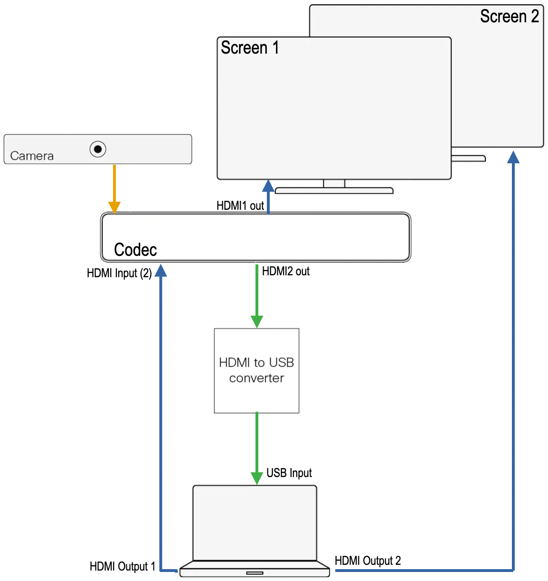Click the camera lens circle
pos(98,149)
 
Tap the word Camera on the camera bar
pos(32,156)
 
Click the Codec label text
pos(135,250)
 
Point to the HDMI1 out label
pos(240,206)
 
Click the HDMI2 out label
pos(285,271)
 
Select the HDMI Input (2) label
pos(119,273)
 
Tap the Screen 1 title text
pos(250,47)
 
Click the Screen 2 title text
pos(509,16)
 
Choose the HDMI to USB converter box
pos(256,370)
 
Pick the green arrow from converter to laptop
pos(257,449)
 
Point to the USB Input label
pos(289,473)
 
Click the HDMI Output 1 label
pos(123,566)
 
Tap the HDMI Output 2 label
pos(368,561)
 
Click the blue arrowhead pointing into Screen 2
pos(513,157)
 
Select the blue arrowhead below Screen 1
pos(268,186)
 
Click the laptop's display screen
pos(255,523)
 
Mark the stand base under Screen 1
pos(334,191)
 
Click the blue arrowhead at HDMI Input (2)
pos(161,271)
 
